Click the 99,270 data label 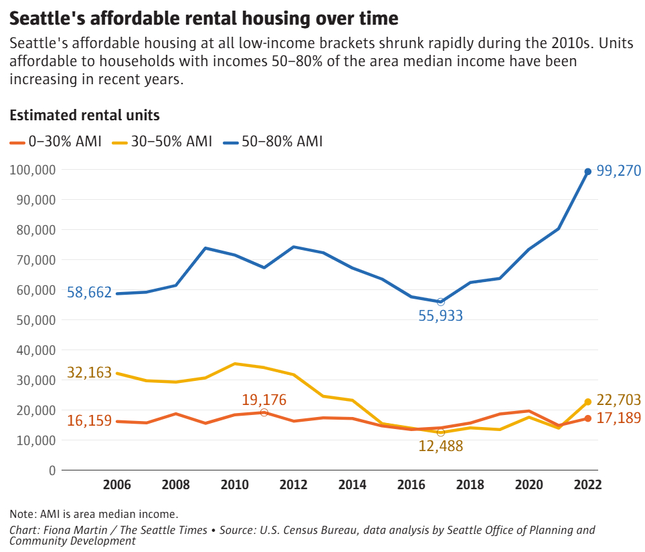[619, 172]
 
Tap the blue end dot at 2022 [587, 172]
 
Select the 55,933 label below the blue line [440, 316]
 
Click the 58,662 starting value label [89, 292]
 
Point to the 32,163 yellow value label [89, 373]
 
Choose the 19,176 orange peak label [264, 400]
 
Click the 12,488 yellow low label [440, 446]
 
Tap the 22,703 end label [619, 400]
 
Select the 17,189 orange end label [619, 418]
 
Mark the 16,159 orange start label [89, 421]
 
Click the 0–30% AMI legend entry [56, 142]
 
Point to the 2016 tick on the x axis [410, 485]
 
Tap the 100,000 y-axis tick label [33, 170]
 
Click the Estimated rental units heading [84, 115]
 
